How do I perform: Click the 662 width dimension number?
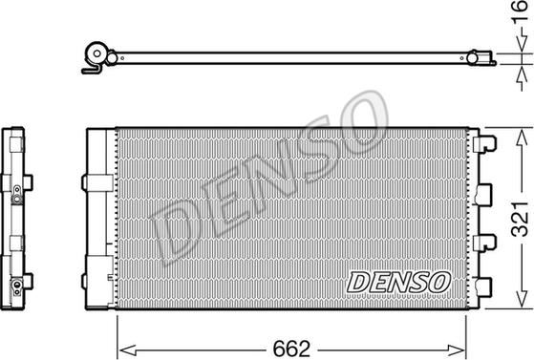(291, 349)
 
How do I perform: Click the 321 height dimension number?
(521, 220)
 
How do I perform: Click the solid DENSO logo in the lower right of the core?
(398, 283)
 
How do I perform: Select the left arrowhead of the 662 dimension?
(128, 349)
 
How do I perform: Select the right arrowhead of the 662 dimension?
(457, 349)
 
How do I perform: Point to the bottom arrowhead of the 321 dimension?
(522, 299)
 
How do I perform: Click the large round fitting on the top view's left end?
(97, 53)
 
